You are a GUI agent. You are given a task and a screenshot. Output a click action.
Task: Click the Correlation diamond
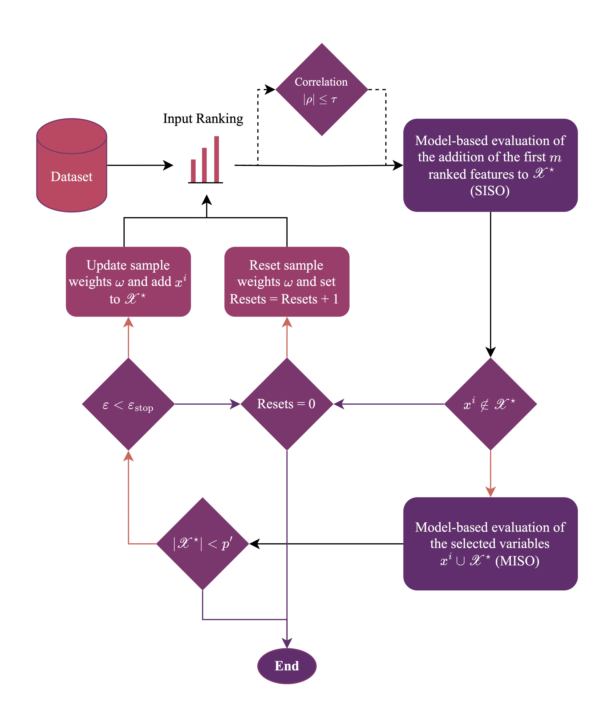pos(322,90)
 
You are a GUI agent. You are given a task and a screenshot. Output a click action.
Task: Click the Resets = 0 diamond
pos(287,404)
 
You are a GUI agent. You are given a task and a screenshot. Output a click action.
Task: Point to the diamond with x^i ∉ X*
pos(490,404)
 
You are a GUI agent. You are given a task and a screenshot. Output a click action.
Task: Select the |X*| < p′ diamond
pos(203,544)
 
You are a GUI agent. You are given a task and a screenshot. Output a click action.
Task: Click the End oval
pos(287,666)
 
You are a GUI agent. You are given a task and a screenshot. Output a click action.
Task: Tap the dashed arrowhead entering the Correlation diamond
pos(270,89)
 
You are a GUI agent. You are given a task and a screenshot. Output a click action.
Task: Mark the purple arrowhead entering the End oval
pos(287,644)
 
